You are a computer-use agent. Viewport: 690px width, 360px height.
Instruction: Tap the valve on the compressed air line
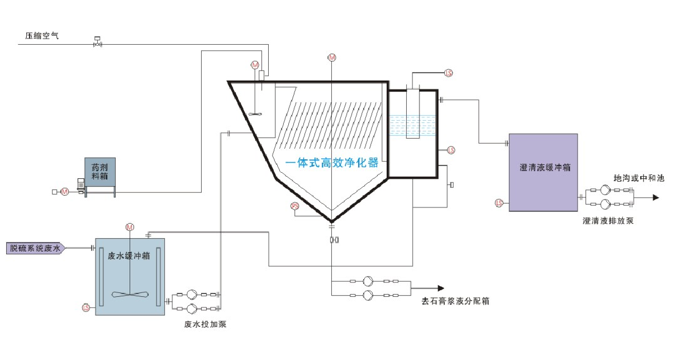tap(97, 42)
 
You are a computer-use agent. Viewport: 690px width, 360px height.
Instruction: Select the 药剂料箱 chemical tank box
tap(100, 171)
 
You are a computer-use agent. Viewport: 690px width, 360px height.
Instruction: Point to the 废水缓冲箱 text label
tap(129, 256)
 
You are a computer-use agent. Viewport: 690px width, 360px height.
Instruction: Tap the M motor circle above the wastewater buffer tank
tap(130, 227)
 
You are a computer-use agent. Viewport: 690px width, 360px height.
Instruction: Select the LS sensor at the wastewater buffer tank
tap(86, 307)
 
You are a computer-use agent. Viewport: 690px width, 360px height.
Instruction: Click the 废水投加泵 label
tap(205, 324)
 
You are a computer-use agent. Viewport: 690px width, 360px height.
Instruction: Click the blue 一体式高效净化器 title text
tap(331, 163)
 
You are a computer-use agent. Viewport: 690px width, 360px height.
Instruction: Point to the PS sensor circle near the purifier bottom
tap(295, 207)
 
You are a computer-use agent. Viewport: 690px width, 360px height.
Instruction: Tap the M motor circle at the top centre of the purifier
tap(332, 58)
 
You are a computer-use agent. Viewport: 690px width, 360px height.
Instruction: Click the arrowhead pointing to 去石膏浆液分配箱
tap(441, 288)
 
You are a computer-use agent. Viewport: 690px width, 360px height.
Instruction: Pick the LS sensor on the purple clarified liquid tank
tap(499, 202)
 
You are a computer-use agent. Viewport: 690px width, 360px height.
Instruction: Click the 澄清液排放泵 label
tap(608, 221)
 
